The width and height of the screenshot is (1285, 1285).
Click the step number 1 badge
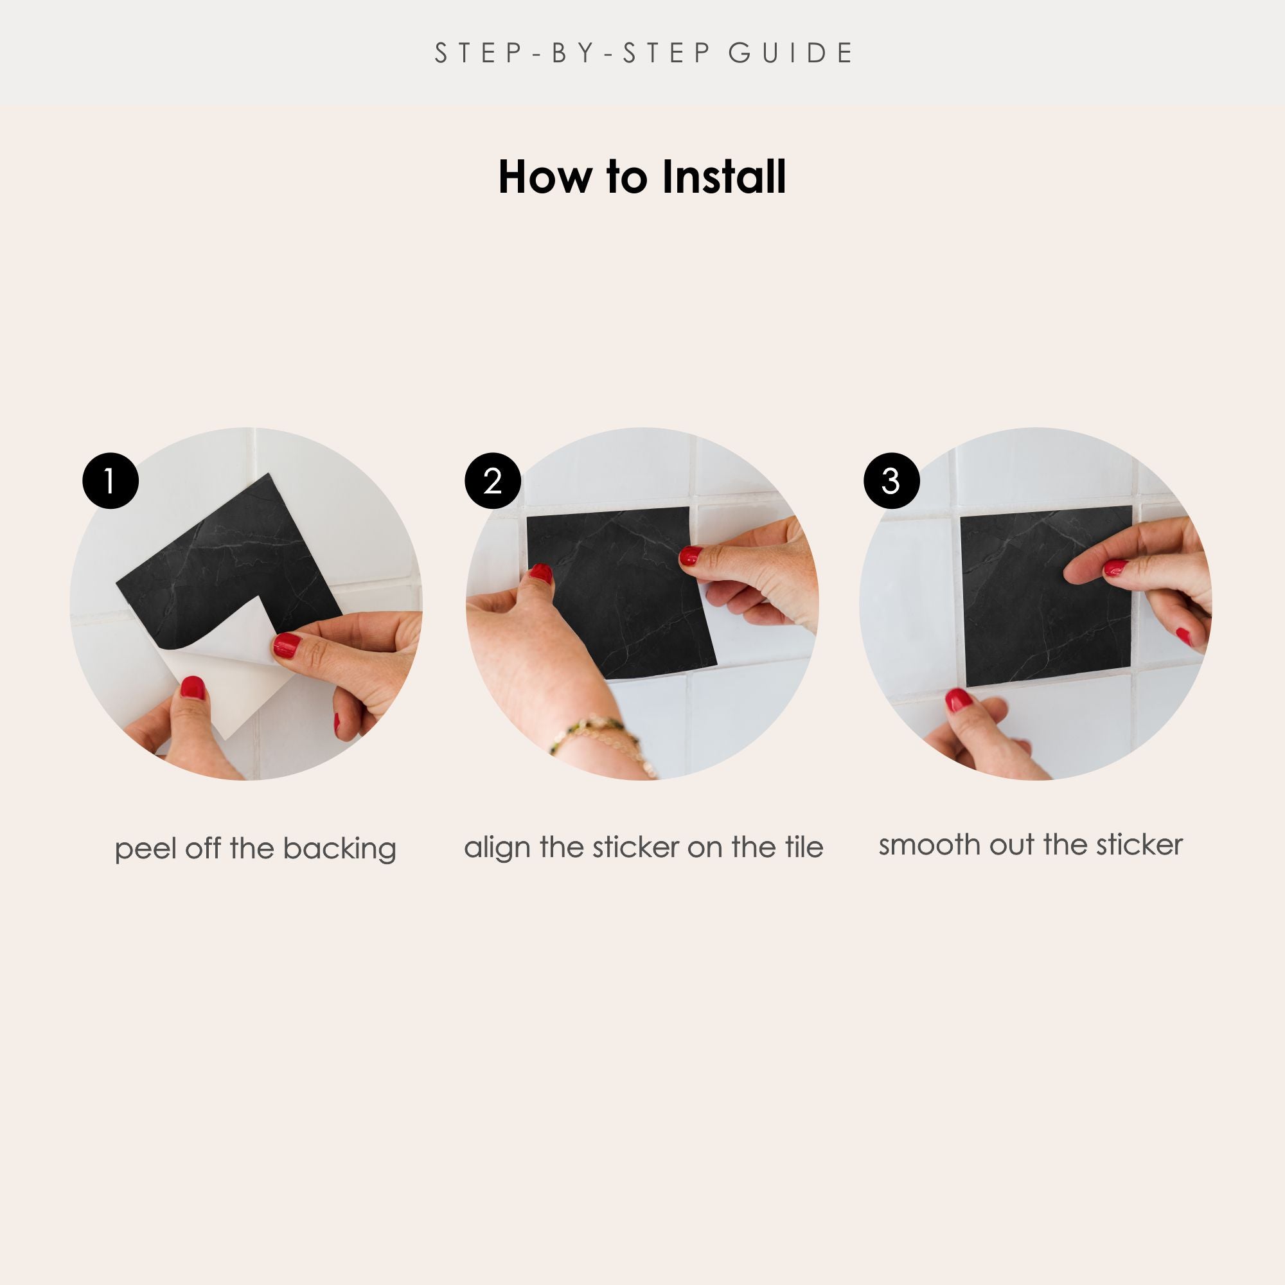click(x=111, y=481)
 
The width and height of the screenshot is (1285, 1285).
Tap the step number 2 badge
click(x=492, y=481)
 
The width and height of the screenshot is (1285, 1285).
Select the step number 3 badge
click(x=891, y=481)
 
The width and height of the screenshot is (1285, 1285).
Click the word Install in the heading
click(x=723, y=177)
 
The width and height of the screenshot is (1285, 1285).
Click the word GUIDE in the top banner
click(x=791, y=53)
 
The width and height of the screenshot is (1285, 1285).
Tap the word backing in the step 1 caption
click(x=339, y=850)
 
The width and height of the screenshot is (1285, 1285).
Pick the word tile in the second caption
click(x=804, y=847)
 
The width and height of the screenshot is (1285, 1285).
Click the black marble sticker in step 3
click(x=1046, y=596)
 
